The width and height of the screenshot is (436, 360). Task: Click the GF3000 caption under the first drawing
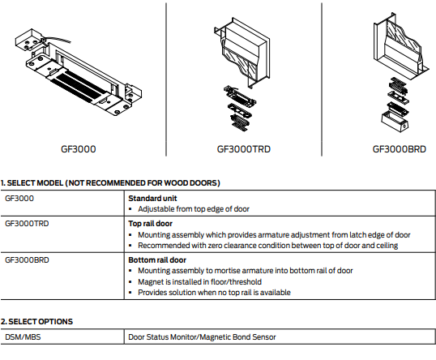pos(78,149)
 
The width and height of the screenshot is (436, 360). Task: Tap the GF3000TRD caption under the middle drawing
pos(244,149)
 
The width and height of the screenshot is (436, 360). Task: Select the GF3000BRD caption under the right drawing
pos(399,149)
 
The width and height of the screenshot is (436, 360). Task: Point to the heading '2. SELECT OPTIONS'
pos(36,322)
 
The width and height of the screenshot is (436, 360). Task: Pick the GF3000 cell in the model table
pos(19,199)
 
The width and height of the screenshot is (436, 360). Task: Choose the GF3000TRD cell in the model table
pos(27,224)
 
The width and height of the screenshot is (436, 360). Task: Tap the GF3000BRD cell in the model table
pos(27,260)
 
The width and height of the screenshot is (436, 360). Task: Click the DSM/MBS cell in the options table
pos(23,337)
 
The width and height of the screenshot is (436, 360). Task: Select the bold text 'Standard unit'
pos(152,199)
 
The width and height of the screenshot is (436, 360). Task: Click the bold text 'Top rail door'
pos(150,224)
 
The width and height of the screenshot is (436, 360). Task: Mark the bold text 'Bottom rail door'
pos(157,260)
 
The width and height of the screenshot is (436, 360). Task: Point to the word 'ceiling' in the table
pos(387,246)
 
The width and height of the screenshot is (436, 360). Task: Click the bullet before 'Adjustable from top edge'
pos(130,209)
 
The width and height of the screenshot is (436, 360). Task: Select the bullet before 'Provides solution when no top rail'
pos(130,293)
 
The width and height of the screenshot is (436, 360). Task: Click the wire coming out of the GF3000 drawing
pos(58,39)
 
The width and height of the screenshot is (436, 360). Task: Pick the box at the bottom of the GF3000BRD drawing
pos(395,122)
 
